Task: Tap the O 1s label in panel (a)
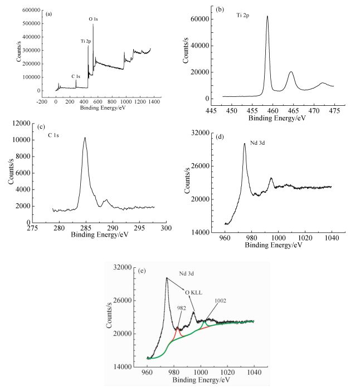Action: tap(94, 19)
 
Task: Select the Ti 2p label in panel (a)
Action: tap(86, 41)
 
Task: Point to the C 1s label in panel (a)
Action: tap(76, 76)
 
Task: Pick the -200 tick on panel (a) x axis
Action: tap(42, 102)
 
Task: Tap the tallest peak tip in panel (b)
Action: tap(267, 16)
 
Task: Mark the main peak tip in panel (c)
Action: tap(85, 138)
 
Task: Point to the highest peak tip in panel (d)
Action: tap(244, 144)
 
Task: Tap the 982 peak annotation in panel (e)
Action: tap(182, 307)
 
